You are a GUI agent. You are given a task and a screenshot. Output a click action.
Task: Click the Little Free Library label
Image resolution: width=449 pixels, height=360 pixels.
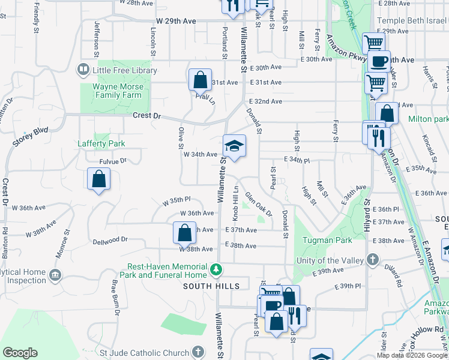pos(124,70)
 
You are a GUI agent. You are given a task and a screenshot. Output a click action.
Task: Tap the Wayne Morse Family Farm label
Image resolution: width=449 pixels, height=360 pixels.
pos(117,91)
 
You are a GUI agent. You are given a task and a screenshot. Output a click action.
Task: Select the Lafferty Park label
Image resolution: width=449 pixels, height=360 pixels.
pos(101,143)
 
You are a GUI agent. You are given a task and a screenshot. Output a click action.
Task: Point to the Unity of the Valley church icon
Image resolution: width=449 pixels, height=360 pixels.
pos(373,260)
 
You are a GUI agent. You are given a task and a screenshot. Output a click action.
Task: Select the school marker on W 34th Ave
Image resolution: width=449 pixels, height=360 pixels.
pos(234,146)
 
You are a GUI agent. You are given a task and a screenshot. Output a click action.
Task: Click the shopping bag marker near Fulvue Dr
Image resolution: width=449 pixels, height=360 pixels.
pos(98,179)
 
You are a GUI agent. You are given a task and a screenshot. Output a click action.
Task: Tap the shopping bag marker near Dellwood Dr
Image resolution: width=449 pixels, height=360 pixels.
pos(185,233)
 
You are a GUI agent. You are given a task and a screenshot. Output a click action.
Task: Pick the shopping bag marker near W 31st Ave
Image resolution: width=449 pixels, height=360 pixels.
pos(200,80)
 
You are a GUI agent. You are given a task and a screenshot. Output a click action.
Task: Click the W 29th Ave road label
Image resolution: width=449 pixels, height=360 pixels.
pos(176,21)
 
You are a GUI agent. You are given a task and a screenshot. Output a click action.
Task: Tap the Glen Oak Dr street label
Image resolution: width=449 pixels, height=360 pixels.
pos(258,205)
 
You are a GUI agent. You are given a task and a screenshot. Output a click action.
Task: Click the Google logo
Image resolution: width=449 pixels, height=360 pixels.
pos(20,352)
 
